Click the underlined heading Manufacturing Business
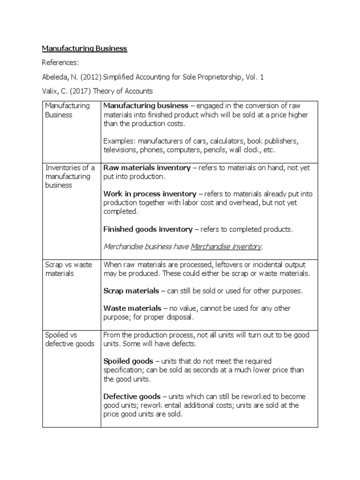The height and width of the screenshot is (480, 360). click(84, 48)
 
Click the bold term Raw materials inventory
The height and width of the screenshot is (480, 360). click(147, 168)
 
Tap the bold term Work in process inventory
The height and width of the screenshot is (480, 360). click(150, 194)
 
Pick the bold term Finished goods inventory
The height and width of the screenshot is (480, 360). click(148, 229)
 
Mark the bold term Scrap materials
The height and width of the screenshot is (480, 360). click(131, 291)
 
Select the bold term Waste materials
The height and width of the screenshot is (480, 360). click(132, 308)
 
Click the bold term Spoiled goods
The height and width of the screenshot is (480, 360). click(128, 361)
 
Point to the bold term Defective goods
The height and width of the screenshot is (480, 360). click(132, 397)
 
